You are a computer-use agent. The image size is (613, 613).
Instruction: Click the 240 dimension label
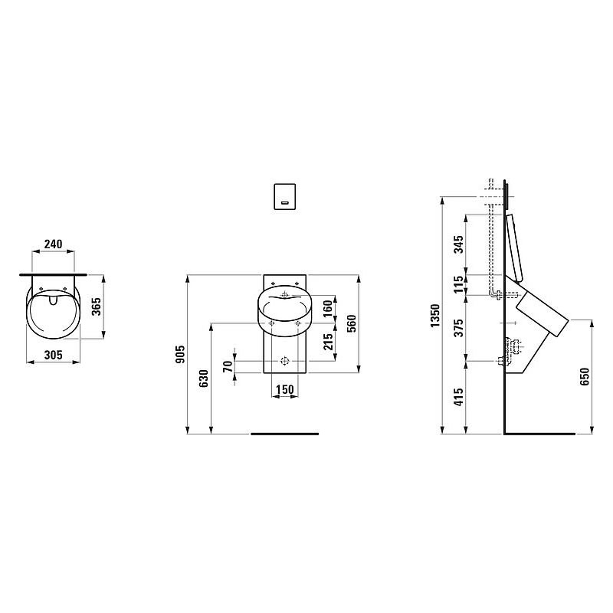tap(53, 244)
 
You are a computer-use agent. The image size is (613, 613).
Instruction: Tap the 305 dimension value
tap(53, 355)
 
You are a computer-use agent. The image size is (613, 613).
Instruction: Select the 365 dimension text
tap(96, 306)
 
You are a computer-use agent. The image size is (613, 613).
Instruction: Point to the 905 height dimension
tap(180, 354)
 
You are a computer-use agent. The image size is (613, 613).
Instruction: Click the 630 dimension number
tap(204, 379)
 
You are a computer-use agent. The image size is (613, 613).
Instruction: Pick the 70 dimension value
tap(228, 366)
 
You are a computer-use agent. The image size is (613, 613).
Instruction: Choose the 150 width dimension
tap(284, 389)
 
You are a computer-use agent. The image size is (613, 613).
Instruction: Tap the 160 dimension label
tap(328, 309)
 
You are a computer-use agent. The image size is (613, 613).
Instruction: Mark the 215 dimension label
tap(328, 341)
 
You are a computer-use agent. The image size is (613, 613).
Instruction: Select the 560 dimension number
tap(352, 323)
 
